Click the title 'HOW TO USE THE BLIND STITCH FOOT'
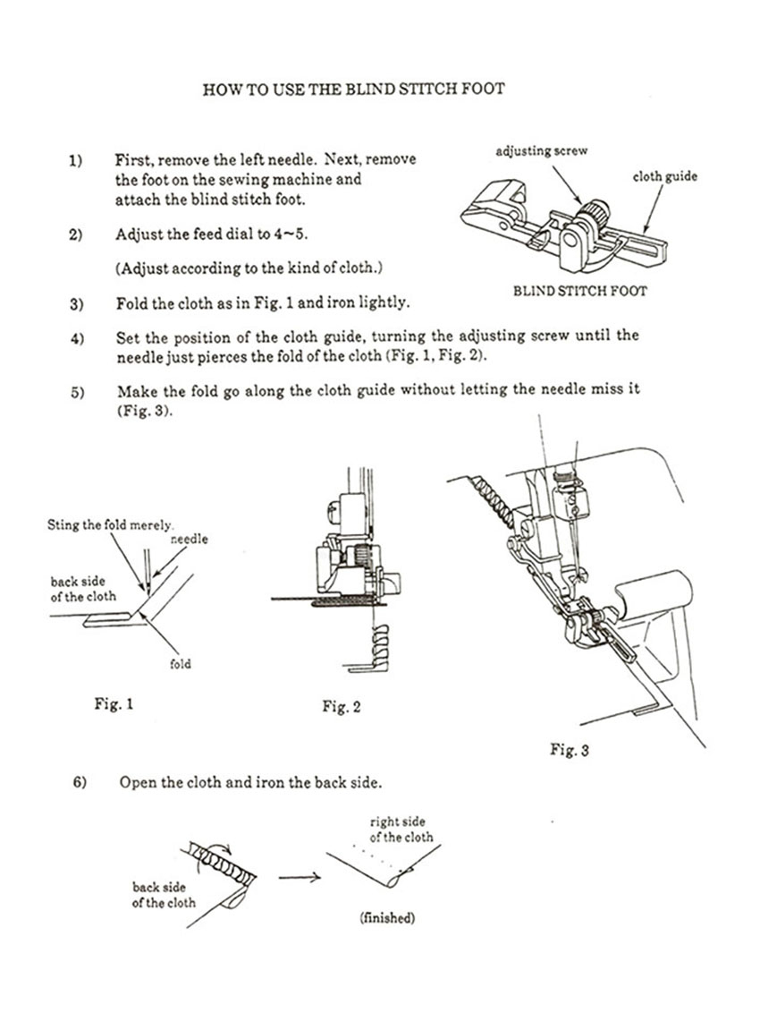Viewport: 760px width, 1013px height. coord(354,89)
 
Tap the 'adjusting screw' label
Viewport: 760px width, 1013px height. coord(542,150)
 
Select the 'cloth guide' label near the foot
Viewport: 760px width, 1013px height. coord(664,176)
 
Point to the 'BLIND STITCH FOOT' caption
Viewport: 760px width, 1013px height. coord(579,291)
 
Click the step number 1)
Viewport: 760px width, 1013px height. coord(75,160)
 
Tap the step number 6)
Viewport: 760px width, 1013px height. coord(79,782)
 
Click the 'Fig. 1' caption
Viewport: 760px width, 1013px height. coord(114,704)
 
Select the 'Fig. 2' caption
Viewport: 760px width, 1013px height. coord(342,707)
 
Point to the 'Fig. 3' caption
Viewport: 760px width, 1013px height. coord(569,750)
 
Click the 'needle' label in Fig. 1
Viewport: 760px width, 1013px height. coord(189,540)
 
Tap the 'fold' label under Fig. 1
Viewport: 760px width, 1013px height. coord(180,665)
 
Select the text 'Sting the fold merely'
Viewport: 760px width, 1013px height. coord(109,525)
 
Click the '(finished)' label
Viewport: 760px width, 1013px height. coord(387,918)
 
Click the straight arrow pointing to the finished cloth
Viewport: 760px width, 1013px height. coord(300,877)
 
